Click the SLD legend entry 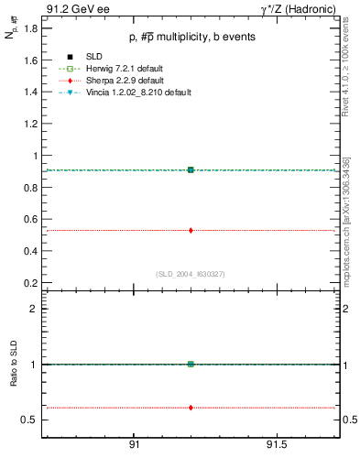(92, 58)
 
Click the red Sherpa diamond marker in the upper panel (191, 230)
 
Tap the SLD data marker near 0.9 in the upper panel (191, 169)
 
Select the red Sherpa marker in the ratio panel (191, 407)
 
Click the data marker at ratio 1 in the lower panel (191, 364)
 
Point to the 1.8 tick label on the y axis (31, 28)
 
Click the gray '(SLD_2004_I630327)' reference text (191, 274)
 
